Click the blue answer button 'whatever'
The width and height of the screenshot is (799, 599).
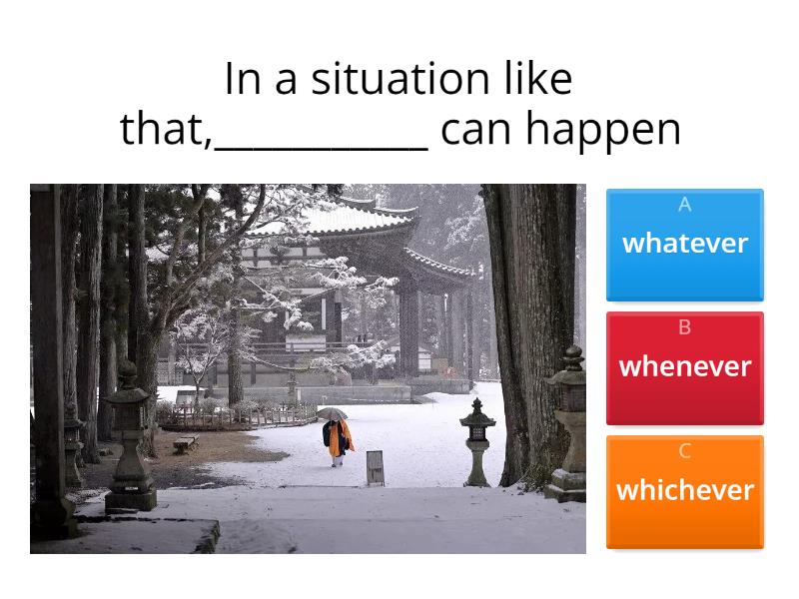pyautogui.click(x=685, y=245)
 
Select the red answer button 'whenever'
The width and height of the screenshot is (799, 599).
pyautogui.click(x=685, y=367)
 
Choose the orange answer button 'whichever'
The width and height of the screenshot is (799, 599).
pyautogui.click(x=685, y=491)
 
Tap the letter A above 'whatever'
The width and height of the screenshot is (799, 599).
pyautogui.click(x=685, y=205)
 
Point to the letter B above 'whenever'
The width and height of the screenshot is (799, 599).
pyautogui.click(x=685, y=327)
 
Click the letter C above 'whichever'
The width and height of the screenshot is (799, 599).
pyautogui.click(x=685, y=451)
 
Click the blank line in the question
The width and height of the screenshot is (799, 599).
pyautogui.click(x=322, y=145)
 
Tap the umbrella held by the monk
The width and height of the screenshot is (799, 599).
pyautogui.click(x=332, y=413)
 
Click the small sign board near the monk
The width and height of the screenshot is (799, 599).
pyautogui.click(x=375, y=466)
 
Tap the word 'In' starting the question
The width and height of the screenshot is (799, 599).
pyautogui.click(x=242, y=79)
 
